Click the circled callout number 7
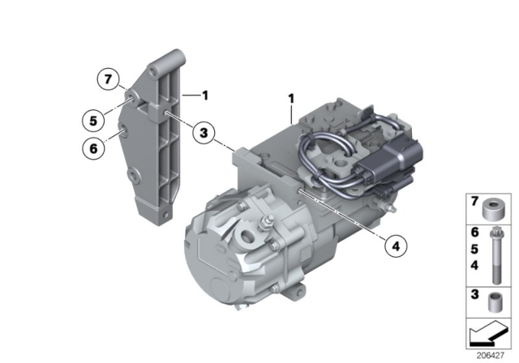[x=105, y=79]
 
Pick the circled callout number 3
[x=204, y=131]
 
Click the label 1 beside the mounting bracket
[x=205, y=96]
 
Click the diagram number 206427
[x=490, y=354]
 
